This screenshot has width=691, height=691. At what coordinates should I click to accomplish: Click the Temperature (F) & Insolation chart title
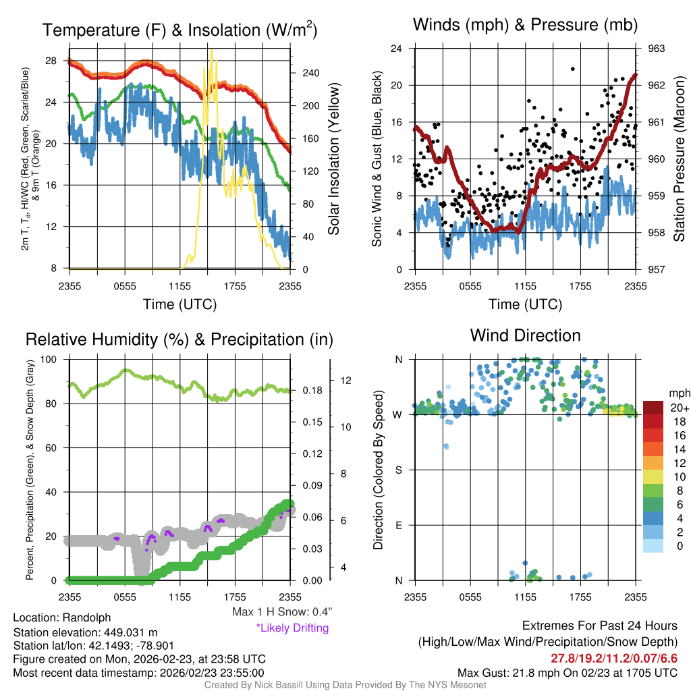pyautogui.click(x=179, y=30)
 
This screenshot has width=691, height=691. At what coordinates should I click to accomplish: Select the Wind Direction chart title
pyautogui.click(x=525, y=335)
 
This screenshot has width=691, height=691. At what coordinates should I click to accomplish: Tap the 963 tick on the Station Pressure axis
pyautogui.click(x=657, y=49)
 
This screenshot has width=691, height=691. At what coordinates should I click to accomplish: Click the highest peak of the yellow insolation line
pyautogui.click(x=212, y=51)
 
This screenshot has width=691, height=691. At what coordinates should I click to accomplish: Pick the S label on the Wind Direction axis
pyautogui.click(x=399, y=470)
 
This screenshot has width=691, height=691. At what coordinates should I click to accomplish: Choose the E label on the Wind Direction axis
pyautogui.click(x=399, y=525)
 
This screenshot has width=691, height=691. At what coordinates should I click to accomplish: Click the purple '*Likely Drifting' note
pyautogui.click(x=292, y=628)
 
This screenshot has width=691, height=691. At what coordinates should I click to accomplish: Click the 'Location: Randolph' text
pyautogui.click(x=61, y=617)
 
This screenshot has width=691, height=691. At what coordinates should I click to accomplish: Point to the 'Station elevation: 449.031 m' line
pyautogui.click(x=85, y=632)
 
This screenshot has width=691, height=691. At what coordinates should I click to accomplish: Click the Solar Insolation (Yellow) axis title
pyautogui.click(x=334, y=159)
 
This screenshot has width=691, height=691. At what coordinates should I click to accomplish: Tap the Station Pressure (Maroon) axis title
pyautogui.click(x=680, y=159)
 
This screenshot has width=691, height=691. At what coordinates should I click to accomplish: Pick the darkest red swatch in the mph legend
pyautogui.click(x=653, y=408)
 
